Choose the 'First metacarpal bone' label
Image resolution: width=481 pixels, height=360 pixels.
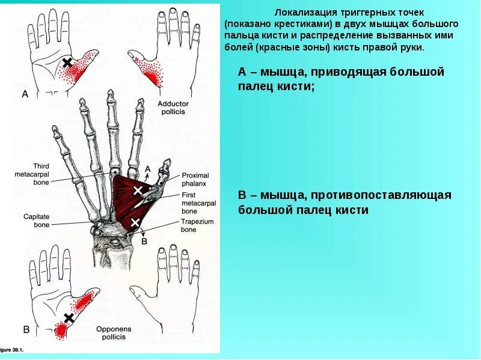(197, 204)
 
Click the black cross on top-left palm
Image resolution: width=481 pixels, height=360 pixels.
(67, 63)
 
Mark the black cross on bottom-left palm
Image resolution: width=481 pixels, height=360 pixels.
(69, 317)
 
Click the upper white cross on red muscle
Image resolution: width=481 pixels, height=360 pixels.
(138, 191)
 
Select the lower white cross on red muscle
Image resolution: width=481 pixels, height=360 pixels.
(135, 222)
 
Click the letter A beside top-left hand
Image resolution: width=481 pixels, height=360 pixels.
(25, 94)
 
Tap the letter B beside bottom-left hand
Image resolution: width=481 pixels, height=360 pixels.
(26, 329)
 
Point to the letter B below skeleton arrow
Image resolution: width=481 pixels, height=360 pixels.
(144, 242)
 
